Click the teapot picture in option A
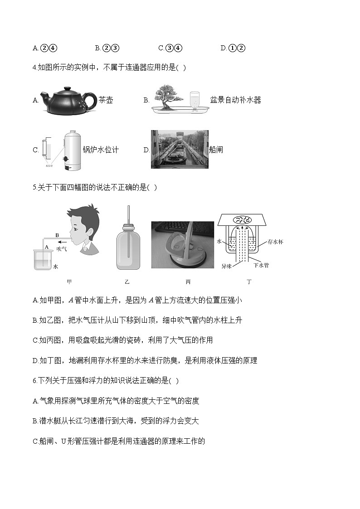tap(68, 100)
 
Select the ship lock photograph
tap(180, 149)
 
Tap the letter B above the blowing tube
tap(57, 235)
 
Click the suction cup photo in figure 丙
tap(182, 245)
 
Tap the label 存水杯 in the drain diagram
tap(275, 242)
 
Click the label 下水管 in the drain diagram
tap(261, 265)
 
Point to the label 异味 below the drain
tap(227, 266)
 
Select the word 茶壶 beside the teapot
tap(106, 100)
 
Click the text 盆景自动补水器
tap(235, 100)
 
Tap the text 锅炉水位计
tap(101, 150)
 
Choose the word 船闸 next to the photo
tap(216, 150)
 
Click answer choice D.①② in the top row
tap(233, 48)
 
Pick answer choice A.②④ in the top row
tap(45, 48)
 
